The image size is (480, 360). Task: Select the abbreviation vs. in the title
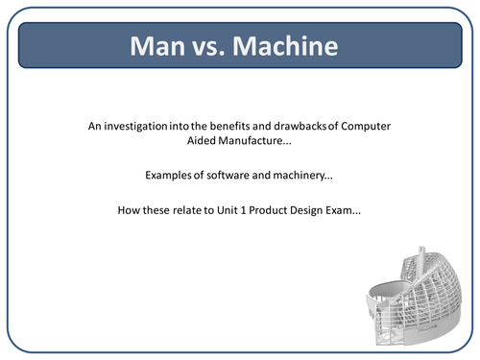[x=212, y=47]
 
